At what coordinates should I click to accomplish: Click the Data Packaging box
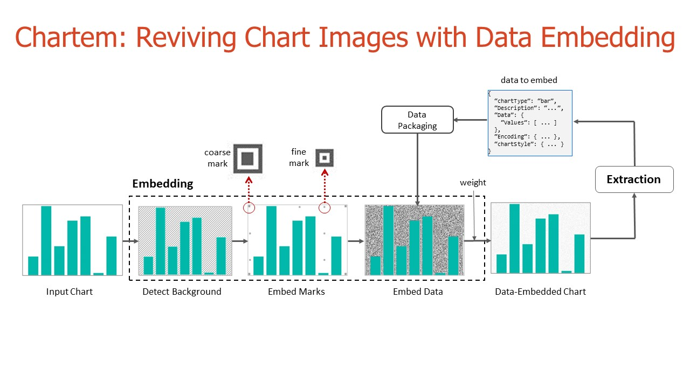click(417, 120)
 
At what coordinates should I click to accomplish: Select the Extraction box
click(634, 179)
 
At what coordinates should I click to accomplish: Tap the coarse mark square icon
click(247, 158)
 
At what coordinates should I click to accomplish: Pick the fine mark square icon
click(325, 158)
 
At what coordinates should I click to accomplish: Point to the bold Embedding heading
click(163, 184)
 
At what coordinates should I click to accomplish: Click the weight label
click(473, 183)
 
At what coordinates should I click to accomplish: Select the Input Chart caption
click(70, 292)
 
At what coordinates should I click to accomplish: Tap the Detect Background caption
click(182, 292)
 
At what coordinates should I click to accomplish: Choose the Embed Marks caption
click(296, 292)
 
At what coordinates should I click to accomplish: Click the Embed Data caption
click(418, 292)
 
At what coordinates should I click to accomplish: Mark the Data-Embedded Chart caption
click(540, 292)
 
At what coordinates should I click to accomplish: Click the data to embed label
click(529, 80)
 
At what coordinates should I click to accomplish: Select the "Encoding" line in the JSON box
click(527, 136)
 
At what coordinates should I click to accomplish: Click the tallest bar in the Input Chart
click(46, 240)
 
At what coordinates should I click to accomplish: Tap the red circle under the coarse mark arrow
click(249, 208)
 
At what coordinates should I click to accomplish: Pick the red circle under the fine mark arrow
click(325, 208)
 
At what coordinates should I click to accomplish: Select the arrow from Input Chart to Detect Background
click(130, 241)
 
